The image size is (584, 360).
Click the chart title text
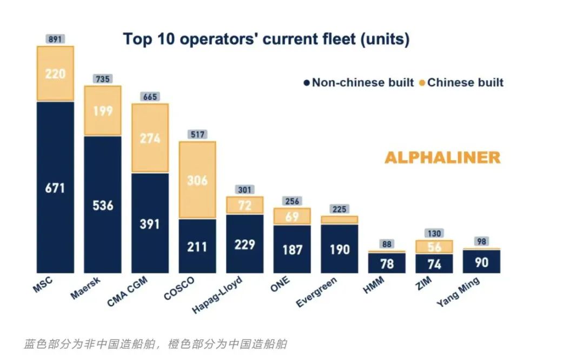pyautogui.click(x=266, y=39)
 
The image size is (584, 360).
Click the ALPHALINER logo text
pyautogui.click(x=442, y=157)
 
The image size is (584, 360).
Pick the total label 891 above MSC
pyautogui.click(x=56, y=39)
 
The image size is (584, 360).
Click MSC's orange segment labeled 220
pyautogui.click(x=55, y=74)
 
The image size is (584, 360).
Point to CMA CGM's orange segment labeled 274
pyautogui.click(x=150, y=138)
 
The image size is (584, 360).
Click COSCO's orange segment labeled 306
pyautogui.click(x=197, y=180)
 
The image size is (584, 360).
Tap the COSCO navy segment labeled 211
pyautogui.click(x=197, y=246)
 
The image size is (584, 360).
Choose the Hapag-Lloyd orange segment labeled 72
pyautogui.click(x=245, y=205)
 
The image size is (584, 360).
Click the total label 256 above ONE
pyautogui.click(x=292, y=201)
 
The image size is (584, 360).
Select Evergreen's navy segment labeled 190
pyautogui.click(x=340, y=249)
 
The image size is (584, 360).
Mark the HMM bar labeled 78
pyautogui.click(x=387, y=263)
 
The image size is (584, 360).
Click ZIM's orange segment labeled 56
pyautogui.click(x=434, y=247)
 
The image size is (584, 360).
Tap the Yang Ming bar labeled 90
pyautogui.click(x=482, y=261)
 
